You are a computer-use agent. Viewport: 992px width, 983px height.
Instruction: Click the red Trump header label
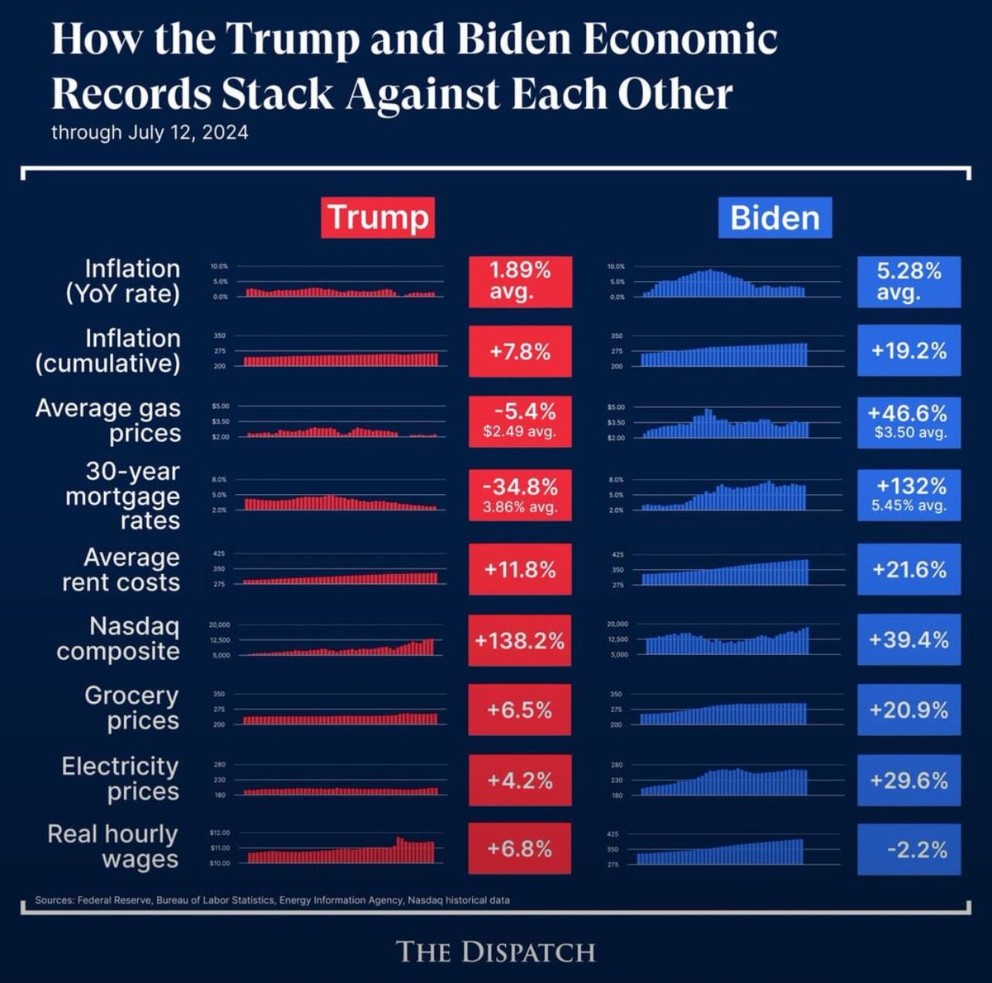coord(378,217)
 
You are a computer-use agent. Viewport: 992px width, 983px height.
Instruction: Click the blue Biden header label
coord(775,218)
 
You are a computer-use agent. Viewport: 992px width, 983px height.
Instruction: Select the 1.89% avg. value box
coord(519,282)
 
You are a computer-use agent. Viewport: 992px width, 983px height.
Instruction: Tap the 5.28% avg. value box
coord(909,282)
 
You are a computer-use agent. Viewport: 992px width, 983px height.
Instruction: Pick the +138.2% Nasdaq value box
coord(519,640)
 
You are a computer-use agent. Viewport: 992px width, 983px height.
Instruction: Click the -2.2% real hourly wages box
coord(909,849)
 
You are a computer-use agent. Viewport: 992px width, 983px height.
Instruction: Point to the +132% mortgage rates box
coord(909,495)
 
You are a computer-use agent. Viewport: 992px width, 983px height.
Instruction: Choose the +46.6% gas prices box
coord(909,421)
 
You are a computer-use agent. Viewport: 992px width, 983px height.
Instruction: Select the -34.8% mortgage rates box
coord(519,495)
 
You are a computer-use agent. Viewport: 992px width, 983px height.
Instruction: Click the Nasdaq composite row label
coord(118,639)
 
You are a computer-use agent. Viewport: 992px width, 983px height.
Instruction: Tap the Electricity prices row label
coord(120,778)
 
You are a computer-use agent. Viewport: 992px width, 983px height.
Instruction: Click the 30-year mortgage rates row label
coord(122,496)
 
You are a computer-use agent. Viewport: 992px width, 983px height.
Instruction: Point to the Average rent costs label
coord(122,570)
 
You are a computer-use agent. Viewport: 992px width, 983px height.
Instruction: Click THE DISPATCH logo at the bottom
coord(496,951)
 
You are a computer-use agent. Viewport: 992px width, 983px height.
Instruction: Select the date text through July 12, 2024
coord(150,133)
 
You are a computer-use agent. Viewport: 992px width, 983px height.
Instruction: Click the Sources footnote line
coord(272,900)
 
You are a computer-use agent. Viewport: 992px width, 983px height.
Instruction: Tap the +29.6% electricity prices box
coord(909,780)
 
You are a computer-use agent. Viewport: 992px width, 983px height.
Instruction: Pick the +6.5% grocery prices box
coord(519,710)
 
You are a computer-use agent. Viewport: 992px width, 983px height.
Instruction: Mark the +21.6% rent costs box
coord(909,570)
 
